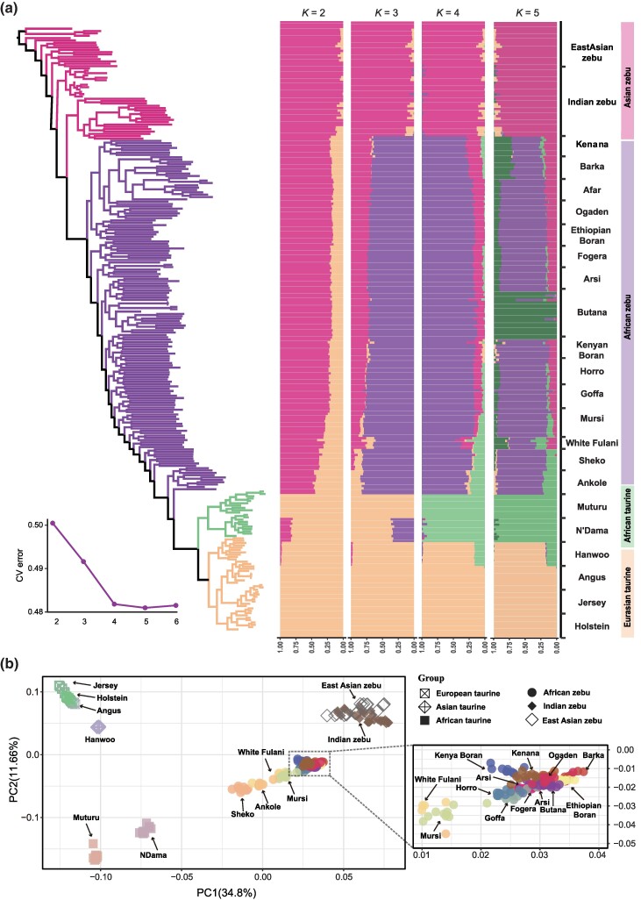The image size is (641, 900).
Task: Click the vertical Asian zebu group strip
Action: point(628,77)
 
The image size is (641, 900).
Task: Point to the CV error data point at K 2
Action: point(53,523)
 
